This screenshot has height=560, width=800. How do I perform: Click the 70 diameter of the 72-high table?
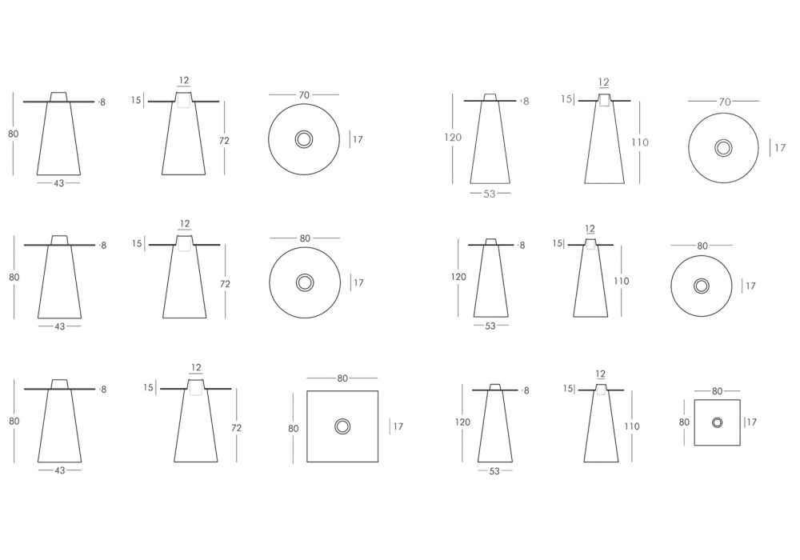[304, 95]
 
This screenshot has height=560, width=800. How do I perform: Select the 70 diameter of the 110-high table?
[725, 102]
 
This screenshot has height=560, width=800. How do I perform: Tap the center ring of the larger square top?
[342, 426]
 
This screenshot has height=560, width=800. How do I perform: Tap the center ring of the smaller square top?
[718, 422]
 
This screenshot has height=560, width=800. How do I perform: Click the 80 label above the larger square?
[342, 378]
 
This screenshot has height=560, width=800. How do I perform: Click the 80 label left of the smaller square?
[684, 422]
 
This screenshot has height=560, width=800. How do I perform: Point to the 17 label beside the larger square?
[398, 426]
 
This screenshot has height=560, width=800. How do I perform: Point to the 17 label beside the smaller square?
[751, 422]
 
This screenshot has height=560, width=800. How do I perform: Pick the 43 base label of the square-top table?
[60, 470]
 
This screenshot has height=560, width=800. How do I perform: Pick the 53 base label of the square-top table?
[494, 471]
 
